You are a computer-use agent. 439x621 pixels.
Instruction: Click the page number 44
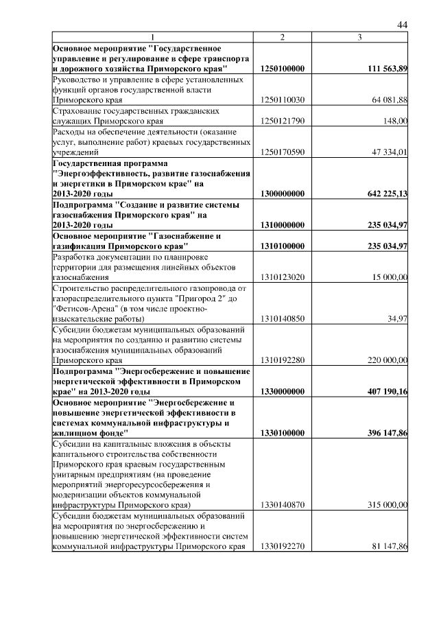403,25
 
